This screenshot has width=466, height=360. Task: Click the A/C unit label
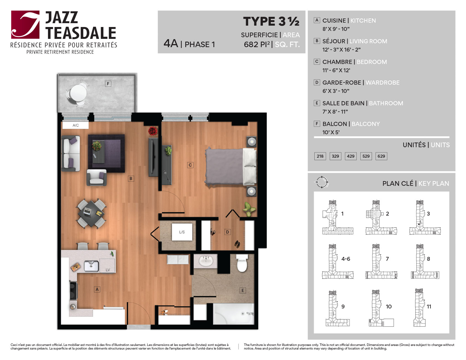point(76,125)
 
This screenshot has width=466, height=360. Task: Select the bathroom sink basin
point(205,261)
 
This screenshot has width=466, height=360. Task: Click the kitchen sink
point(91,266)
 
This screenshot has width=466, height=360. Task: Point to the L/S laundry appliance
point(182,232)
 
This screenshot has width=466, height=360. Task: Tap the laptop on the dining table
point(87,211)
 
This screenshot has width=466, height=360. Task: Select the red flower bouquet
point(153,131)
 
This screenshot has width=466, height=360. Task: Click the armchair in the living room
point(97,177)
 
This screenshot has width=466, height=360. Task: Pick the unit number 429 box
point(351,156)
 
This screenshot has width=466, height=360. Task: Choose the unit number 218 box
point(320,156)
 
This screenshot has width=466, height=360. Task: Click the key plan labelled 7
point(381,261)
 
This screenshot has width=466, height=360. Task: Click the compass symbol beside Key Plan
point(322,182)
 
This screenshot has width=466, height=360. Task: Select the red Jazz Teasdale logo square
point(25,25)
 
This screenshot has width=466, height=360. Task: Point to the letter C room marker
point(190,165)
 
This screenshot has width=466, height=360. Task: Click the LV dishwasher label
point(108,270)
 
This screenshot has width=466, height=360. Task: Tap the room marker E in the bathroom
point(243,290)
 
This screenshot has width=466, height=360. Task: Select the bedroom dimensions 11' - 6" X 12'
point(336,70)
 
